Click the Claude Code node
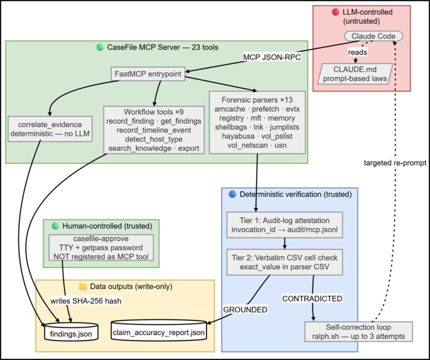pyautogui.click(x=374, y=36)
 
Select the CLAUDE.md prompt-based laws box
pyautogui.click(x=355, y=74)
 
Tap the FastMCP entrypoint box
pyautogui.click(x=148, y=74)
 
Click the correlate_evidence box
pyautogui.click(x=50, y=129)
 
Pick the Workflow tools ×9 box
pyautogui.click(x=154, y=130)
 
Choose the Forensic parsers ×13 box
pyautogui.click(x=257, y=123)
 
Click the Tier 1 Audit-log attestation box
pyautogui.click(x=284, y=225)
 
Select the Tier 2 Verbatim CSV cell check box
pyautogui.click(x=284, y=262)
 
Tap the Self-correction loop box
pyautogui.click(x=358, y=332)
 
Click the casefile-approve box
pyautogui.click(x=101, y=248)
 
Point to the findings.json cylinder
pyautogui.click(x=71, y=331)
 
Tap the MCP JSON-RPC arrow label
pyautogui.click(x=272, y=57)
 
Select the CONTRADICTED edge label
pyautogui.click(x=313, y=298)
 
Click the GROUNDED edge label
pyautogui.click(x=245, y=310)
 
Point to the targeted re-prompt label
pyautogui.click(x=395, y=163)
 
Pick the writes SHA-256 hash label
pyautogui.click(x=86, y=301)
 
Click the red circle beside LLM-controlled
pyautogui.click(x=335, y=12)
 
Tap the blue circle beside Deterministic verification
pyautogui.click(x=232, y=194)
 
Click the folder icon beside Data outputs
pyautogui.click(x=83, y=286)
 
